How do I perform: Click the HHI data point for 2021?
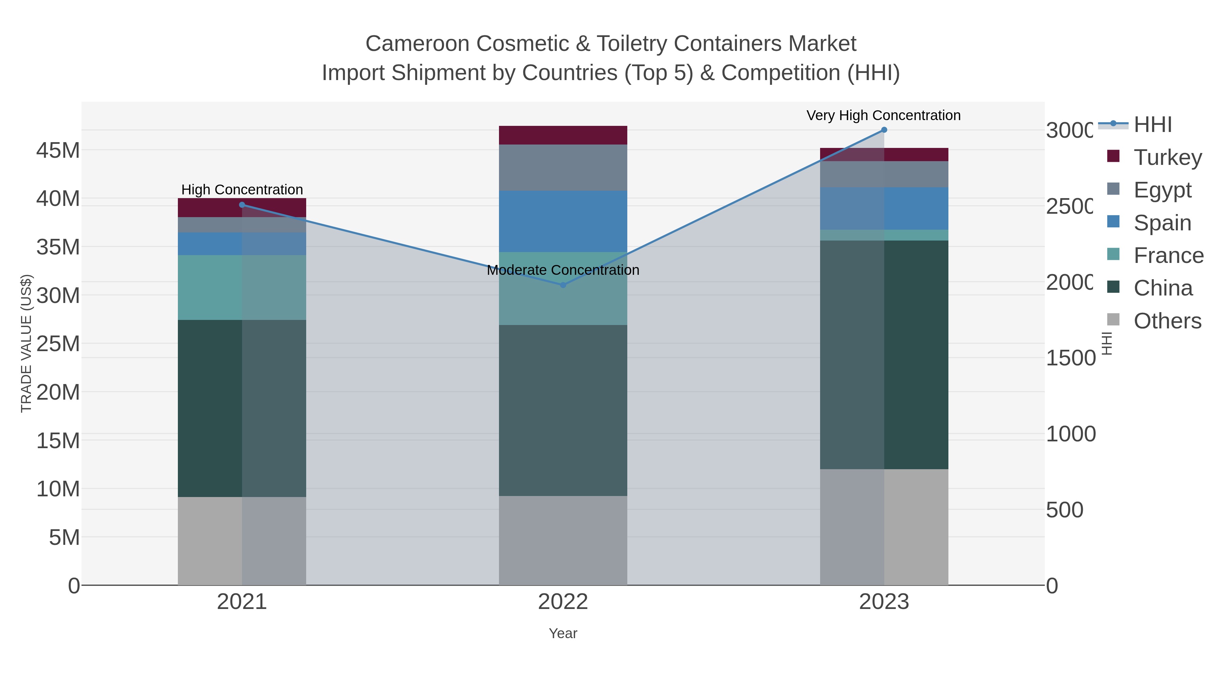click(x=242, y=205)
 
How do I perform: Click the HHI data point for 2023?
click(x=884, y=130)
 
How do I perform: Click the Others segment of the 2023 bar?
click(x=884, y=527)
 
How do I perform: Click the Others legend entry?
click(x=1167, y=321)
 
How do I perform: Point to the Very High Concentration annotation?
click(x=883, y=115)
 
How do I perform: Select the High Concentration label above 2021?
click(x=242, y=190)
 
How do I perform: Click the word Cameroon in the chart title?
click(x=418, y=44)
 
